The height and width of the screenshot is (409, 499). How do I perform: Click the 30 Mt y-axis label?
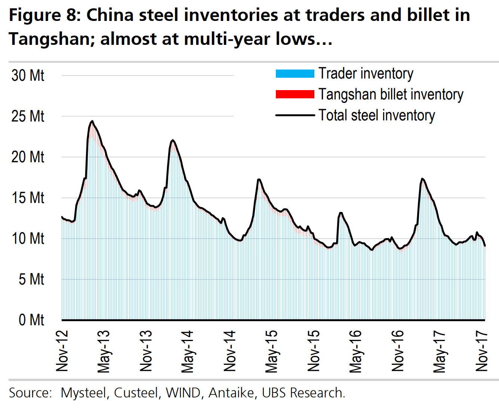28,76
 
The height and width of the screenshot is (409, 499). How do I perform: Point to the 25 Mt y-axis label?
28,116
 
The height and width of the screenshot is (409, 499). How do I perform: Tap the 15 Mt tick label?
28,198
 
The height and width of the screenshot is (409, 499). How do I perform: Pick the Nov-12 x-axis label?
62,351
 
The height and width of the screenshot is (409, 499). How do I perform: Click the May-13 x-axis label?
104,351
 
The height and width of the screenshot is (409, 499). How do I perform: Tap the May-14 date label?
188,351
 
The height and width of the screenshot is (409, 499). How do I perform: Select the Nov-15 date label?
314,351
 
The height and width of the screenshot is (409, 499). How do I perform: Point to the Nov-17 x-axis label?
482,351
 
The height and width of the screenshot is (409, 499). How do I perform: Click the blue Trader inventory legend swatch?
295,74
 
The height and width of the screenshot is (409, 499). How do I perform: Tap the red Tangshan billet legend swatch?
295,94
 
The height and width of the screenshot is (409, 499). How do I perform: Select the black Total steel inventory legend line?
295,115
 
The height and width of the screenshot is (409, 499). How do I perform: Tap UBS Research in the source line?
303,393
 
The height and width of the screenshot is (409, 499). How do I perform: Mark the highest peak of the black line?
92,121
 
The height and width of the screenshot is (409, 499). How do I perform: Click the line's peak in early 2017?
422,179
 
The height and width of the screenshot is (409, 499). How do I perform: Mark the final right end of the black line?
485,246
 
